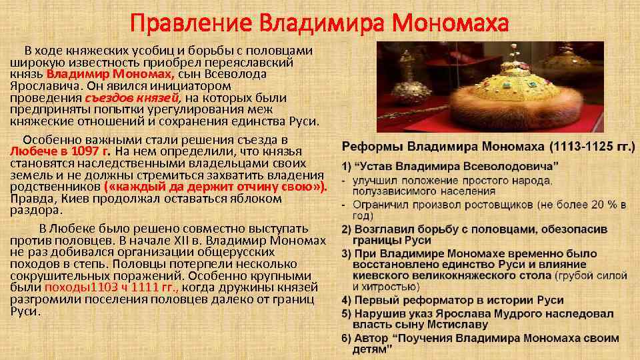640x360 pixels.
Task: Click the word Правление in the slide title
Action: click(x=190, y=23)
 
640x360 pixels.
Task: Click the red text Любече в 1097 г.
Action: click(x=60, y=151)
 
